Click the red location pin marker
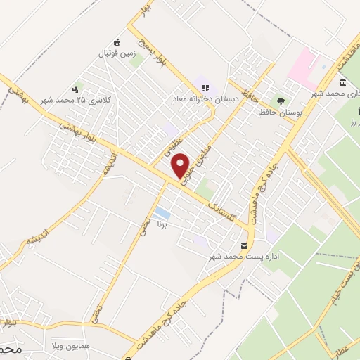[181, 165]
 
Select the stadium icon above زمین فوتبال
[116, 41]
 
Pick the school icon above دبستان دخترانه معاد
[205, 89]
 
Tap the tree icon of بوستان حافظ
[283, 102]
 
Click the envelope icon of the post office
[244, 246]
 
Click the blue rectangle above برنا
[162, 212]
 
